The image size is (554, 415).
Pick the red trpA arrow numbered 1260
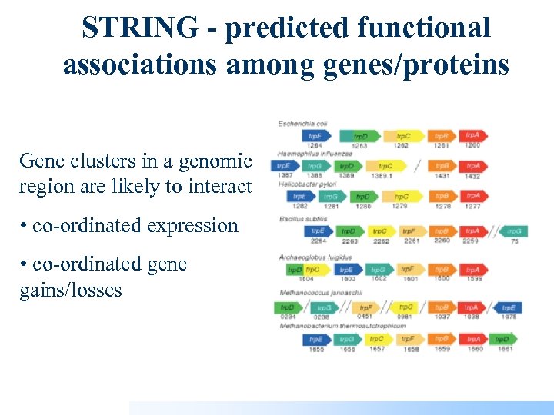click(472, 135)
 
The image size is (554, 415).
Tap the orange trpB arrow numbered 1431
click(442, 166)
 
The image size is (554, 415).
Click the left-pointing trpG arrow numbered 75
click(513, 231)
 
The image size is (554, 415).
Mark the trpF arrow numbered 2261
click(412, 231)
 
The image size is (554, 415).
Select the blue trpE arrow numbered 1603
click(348, 270)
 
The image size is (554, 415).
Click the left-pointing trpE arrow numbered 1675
click(509, 307)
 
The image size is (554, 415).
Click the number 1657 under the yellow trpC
click(377, 349)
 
